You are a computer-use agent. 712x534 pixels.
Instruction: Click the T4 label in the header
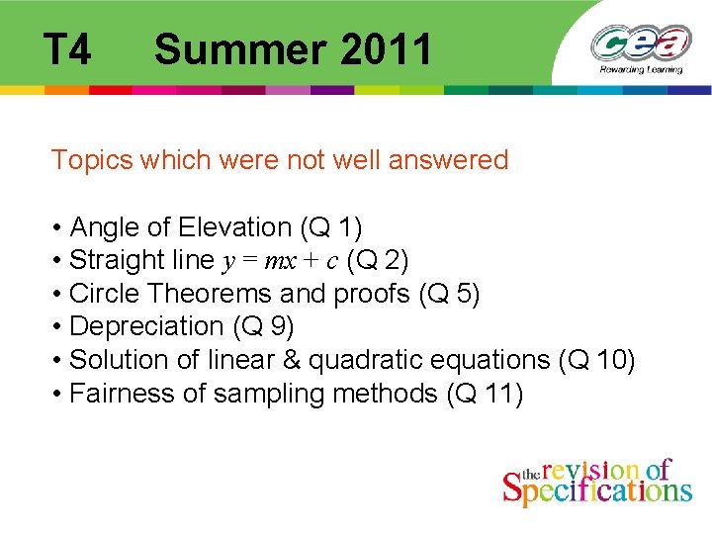tap(67, 48)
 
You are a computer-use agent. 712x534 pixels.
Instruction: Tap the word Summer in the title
tap(237, 48)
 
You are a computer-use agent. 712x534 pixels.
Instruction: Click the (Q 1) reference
tap(330, 227)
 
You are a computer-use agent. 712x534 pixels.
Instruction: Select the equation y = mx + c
tap(280, 261)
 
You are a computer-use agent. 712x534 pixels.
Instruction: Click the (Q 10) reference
tap(597, 360)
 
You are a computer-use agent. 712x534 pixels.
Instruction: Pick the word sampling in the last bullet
tap(269, 394)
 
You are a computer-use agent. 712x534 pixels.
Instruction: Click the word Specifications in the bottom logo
tap(597, 489)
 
